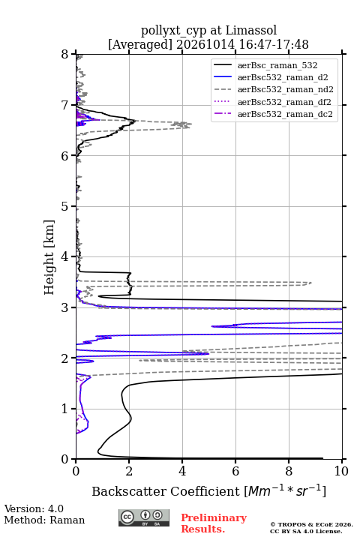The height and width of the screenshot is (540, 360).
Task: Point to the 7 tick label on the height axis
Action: [x=64, y=105]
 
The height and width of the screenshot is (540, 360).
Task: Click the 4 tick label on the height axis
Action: [x=64, y=256]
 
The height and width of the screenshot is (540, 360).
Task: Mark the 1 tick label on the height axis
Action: [x=64, y=409]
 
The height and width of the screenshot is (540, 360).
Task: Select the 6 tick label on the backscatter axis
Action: [x=235, y=471]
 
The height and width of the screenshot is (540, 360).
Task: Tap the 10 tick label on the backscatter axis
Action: [x=341, y=471]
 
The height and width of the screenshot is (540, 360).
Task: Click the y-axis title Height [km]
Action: [x=49, y=257]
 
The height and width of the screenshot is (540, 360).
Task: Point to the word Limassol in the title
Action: [x=250, y=31]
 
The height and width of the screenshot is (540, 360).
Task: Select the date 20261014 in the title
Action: [x=205, y=45]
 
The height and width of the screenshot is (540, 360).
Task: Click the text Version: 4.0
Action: [x=34, y=509]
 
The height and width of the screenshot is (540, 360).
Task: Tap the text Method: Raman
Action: [x=44, y=520]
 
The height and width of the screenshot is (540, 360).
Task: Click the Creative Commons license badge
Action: [x=144, y=518]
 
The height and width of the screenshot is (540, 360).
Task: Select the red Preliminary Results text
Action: [x=214, y=523]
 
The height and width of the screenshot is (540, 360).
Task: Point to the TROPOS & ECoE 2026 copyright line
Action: [x=311, y=524]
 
